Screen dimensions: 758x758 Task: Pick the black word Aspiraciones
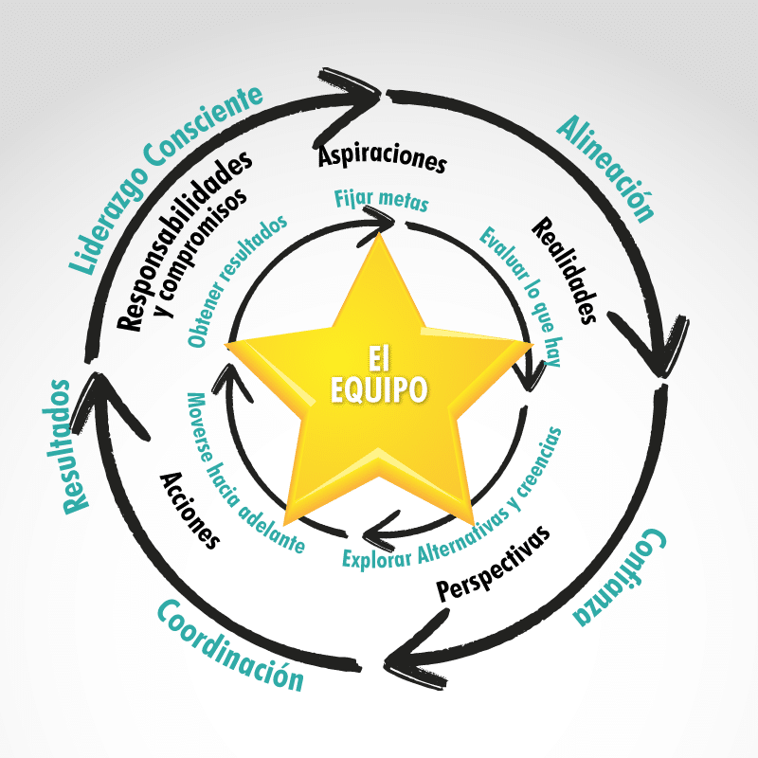pos(382,158)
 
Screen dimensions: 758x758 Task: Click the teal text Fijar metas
pos(382,201)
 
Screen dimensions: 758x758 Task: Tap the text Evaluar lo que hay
pos(512,289)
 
